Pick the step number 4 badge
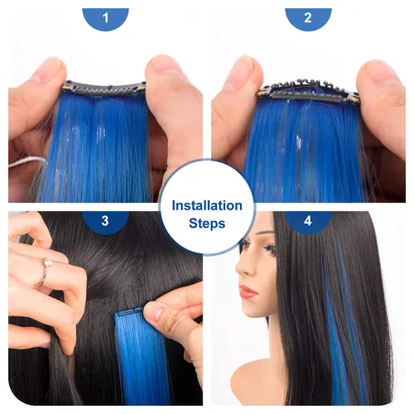(x=308, y=221)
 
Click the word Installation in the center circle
(x=207, y=205)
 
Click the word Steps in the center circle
(x=207, y=224)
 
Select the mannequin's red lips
(x=246, y=291)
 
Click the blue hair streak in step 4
(x=339, y=331)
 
